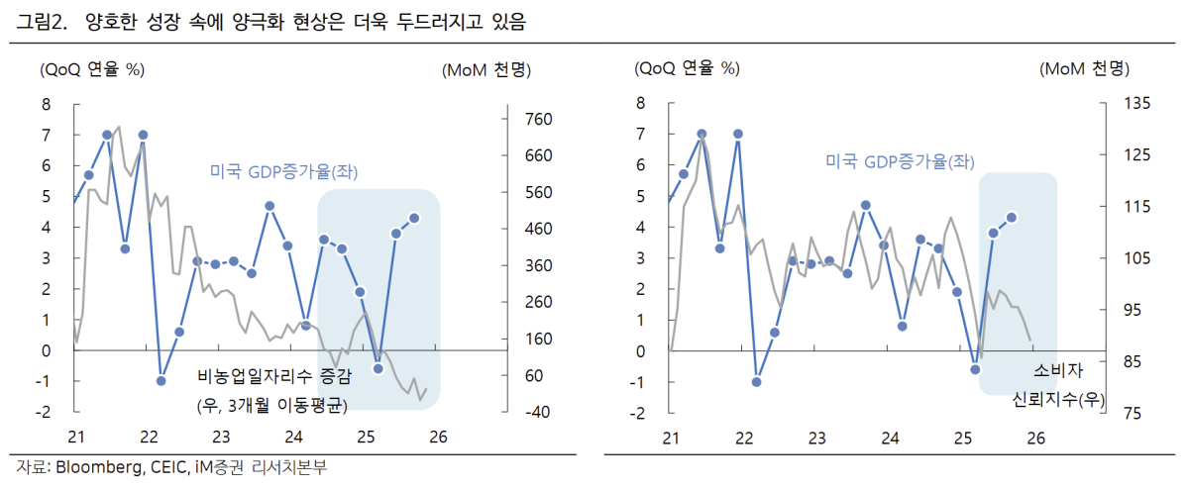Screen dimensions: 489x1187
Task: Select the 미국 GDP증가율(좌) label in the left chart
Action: (283, 171)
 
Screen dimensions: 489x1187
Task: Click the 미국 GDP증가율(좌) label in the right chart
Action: (900, 161)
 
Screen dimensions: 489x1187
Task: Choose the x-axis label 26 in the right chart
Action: (1035, 438)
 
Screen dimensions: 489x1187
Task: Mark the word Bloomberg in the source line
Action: (95, 467)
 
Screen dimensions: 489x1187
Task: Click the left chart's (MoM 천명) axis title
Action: (484, 69)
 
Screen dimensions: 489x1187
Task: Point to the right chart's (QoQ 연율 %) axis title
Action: (687, 69)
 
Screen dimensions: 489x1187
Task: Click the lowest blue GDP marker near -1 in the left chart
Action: (161, 380)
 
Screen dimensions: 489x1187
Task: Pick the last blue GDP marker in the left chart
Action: (414, 218)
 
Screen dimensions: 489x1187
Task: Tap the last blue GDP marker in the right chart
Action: (1013, 218)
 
